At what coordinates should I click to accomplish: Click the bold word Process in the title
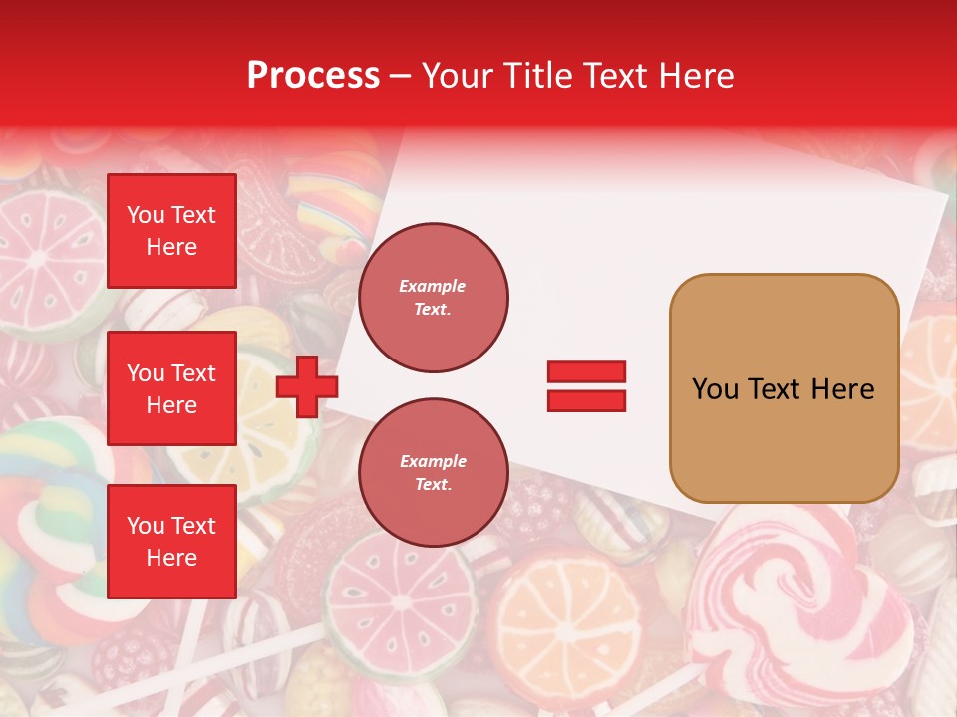click(313, 76)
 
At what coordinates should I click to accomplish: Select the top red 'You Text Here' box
click(171, 231)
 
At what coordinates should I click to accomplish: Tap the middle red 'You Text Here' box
click(171, 388)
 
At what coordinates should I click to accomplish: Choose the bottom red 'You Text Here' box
click(171, 541)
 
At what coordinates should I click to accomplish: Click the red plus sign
click(306, 387)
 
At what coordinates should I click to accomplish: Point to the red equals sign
click(586, 386)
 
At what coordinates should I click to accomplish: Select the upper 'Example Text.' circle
click(433, 298)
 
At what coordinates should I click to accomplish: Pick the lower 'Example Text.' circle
click(433, 473)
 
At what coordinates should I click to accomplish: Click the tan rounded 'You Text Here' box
click(784, 388)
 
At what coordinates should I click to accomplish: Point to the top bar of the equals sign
click(586, 372)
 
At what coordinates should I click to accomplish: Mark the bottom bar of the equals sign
click(586, 400)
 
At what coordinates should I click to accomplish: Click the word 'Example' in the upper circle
click(433, 287)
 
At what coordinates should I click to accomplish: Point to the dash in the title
click(401, 76)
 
